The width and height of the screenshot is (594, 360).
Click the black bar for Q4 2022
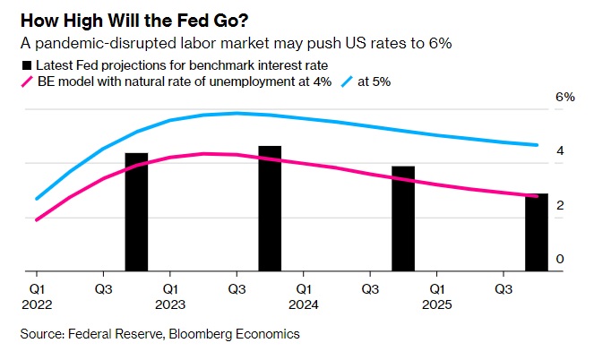click(136, 212)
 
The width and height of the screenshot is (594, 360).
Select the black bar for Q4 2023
click(270, 209)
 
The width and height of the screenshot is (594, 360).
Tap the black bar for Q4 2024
click(403, 219)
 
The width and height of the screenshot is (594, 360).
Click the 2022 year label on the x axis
click(36, 304)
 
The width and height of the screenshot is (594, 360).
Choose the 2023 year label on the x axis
click(170, 304)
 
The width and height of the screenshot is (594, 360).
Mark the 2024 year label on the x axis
click(304, 304)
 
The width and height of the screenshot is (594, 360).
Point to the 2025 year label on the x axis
click(437, 304)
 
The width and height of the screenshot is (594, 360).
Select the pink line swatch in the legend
click(26, 81)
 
